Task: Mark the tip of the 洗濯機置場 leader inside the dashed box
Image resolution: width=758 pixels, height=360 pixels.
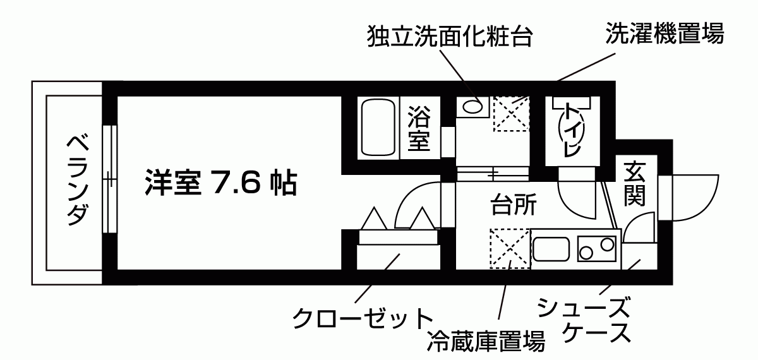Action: click(512, 103)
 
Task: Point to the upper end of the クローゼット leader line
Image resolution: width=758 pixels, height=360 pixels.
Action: click(400, 254)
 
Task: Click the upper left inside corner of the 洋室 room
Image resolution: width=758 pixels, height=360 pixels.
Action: click(117, 97)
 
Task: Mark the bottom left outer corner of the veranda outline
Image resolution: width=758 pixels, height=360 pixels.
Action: click(32, 285)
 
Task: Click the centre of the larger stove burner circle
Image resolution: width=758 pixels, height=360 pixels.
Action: click(608, 244)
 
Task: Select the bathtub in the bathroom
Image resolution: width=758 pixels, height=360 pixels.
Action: click(378, 128)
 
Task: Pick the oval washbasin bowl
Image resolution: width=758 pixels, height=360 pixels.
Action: click(472, 107)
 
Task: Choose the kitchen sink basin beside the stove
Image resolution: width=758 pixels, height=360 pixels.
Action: click(551, 249)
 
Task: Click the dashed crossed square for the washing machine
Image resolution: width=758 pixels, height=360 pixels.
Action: click(511, 114)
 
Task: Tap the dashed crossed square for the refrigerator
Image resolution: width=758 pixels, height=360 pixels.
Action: click(510, 249)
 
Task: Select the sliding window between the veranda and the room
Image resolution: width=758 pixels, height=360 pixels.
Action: click(110, 179)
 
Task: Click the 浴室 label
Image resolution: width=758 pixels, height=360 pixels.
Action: click(419, 129)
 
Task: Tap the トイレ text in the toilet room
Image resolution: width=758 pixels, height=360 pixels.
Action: click(572, 129)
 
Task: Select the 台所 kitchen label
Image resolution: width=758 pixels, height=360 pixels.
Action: click(514, 205)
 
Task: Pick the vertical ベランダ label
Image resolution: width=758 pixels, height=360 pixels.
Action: click(78, 180)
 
